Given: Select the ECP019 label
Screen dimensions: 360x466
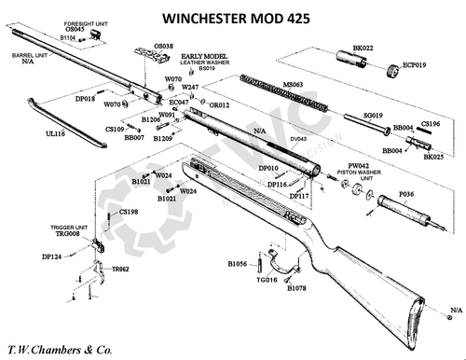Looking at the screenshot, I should (x=415, y=66).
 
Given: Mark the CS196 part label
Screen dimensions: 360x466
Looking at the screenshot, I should (x=431, y=123).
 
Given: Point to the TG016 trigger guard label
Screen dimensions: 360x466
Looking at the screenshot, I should (x=267, y=280).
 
